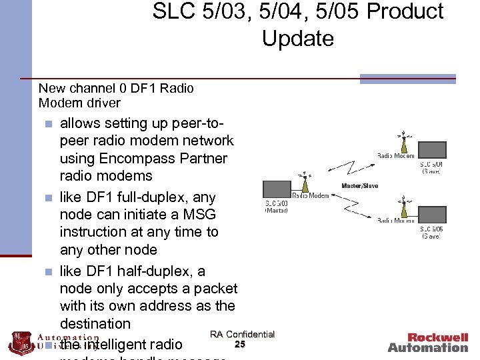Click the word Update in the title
[x=297, y=38]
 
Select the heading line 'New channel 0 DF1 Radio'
[x=116, y=88]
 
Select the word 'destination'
[x=95, y=323]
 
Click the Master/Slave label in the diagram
[x=359, y=186]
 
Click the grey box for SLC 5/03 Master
[x=277, y=187]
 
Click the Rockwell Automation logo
[x=428, y=343]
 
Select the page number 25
[x=241, y=344]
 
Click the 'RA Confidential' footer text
[x=242, y=334]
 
